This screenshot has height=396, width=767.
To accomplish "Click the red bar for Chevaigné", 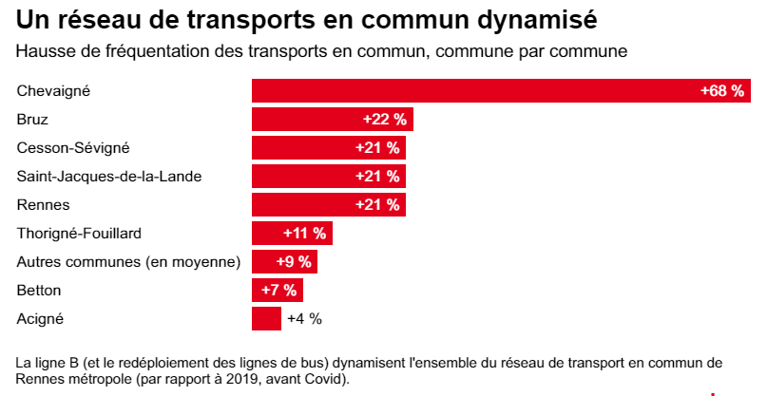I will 475,91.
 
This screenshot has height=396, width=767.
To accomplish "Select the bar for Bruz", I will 304,120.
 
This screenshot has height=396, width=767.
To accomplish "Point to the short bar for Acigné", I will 266,318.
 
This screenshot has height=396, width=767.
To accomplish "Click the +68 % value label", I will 721,91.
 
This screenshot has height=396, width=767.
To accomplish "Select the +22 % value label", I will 385,120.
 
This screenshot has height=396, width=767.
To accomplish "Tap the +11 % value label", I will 305,233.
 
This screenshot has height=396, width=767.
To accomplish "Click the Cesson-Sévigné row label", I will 73,147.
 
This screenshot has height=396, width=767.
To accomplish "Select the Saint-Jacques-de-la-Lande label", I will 109,176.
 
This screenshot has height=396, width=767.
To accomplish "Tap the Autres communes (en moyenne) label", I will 128,261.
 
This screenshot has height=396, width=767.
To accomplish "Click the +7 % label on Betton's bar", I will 278,290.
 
